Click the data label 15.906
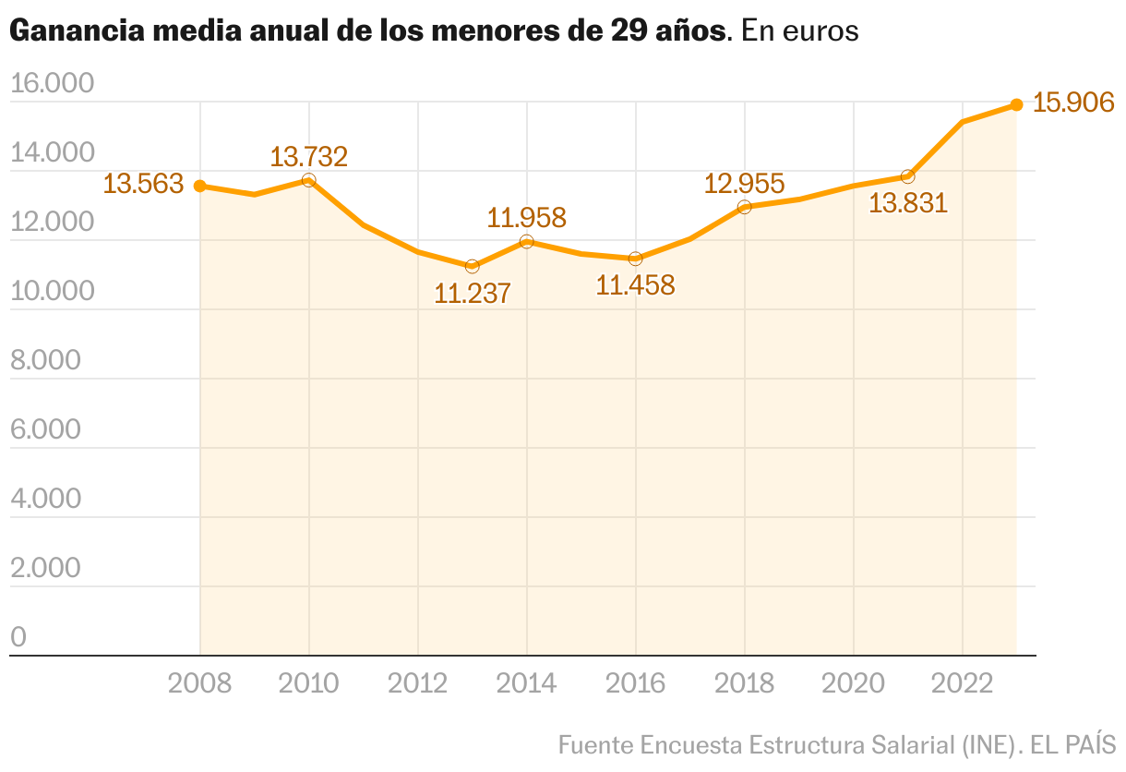[x=1073, y=103]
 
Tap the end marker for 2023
[x=1016, y=104]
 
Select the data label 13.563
[x=143, y=184]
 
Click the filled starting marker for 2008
[x=199, y=186]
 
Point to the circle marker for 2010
[x=308, y=180]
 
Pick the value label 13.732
[x=308, y=156]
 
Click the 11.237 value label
[x=473, y=294]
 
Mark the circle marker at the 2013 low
[x=473, y=266]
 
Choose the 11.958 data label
[x=526, y=218]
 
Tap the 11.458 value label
[x=635, y=284]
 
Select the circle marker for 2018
[x=744, y=207]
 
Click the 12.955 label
[x=744, y=183]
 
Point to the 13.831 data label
[x=908, y=202]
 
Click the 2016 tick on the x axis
[x=635, y=683]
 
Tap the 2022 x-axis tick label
[x=962, y=683]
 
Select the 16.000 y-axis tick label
[x=53, y=83]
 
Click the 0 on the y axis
[x=18, y=637]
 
